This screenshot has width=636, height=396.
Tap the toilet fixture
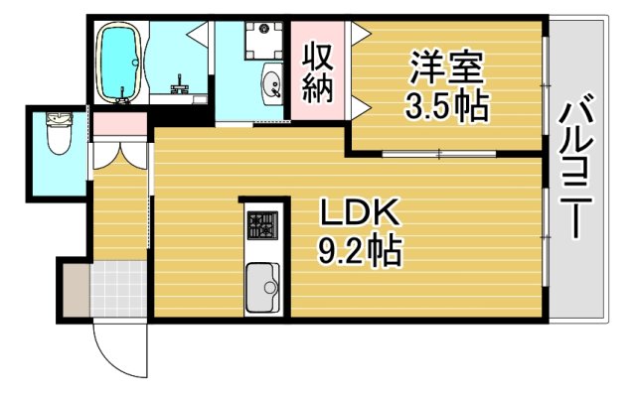pyautogui.click(x=57, y=139)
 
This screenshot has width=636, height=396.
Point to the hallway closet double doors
pyautogui.click(x=119, y=154)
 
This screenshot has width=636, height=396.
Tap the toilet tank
pyautogui.click(x=56, y=120)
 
